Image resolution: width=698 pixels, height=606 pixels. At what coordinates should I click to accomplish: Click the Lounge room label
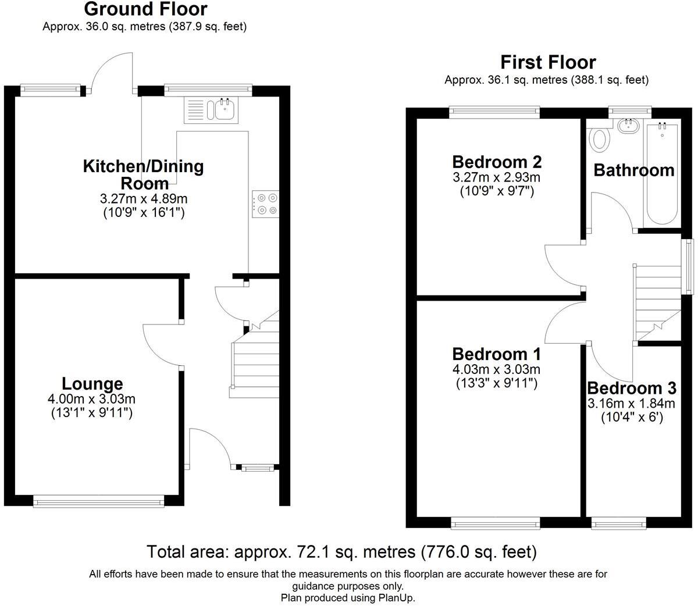(x=92, y=384)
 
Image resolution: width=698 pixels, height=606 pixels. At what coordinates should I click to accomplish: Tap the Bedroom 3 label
(x=632, y=388)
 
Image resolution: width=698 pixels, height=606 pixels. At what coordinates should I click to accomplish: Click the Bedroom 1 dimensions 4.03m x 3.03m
(x=496, y=369)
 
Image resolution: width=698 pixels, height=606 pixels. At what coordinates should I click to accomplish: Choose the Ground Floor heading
(x=145, y=9)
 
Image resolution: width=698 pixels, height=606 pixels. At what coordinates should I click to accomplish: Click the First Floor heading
(x=548, y=62)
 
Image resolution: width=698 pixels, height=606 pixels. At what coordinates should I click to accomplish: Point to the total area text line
(x=341, y=551)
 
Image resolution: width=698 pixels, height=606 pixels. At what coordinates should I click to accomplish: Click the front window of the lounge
(x=98, y=501)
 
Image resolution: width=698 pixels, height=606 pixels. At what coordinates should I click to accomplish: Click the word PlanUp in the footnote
(x=397, y=598)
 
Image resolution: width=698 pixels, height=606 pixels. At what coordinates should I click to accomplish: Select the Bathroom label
(x=633, y=170)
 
